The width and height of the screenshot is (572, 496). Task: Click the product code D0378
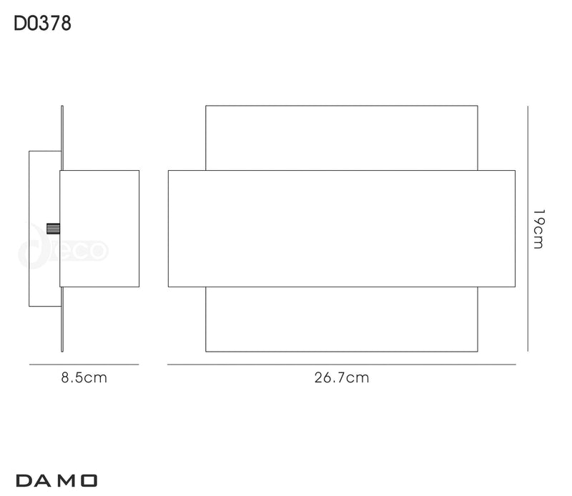pyautogui.click(x=42, y=24)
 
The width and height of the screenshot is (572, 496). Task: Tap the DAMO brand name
pyautogui.click(x=56, y=481)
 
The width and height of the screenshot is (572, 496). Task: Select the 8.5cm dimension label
pyautogui.click(x=84, y=377)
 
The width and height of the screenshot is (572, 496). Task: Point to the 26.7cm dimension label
pyautogui.click(x=342, y=377)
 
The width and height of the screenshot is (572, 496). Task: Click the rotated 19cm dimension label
pyautogui.click(x=538, y=229)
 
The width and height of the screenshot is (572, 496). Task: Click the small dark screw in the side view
pyautogui.click(x=53, y=229)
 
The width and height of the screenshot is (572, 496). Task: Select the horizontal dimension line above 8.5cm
pyautogui.click(x=84, y=364)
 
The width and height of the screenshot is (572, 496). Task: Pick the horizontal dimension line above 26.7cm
pyautogui.click(x=342, y=364)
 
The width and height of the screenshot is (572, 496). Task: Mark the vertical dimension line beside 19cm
pyautogui.click(x=528, y=229)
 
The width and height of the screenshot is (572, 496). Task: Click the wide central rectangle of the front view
pyautogui.click(x=342, y=229)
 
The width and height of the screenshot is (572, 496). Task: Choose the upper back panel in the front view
pyautogui.click(x=342, y=138)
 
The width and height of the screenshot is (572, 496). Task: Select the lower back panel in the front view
pyautogui.click(x=342, y=319)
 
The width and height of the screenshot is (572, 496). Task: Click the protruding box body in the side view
pyautogui.click(x=99, y=229)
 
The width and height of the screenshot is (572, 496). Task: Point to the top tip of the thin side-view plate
pyautogui.click(x=62, y=106)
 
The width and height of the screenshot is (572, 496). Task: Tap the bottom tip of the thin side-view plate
pyautogui.click(x=62, y=352)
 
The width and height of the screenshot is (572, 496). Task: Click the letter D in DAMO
pyautogui.click(x=24, y=481)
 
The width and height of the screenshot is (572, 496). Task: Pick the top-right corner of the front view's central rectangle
pyautogui.click(x=515, y=170)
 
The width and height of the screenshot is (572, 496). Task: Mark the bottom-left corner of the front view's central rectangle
pyautogui.click(x=168, y=287)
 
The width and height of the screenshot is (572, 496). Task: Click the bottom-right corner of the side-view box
pyautogui.click(x=139, y=287)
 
